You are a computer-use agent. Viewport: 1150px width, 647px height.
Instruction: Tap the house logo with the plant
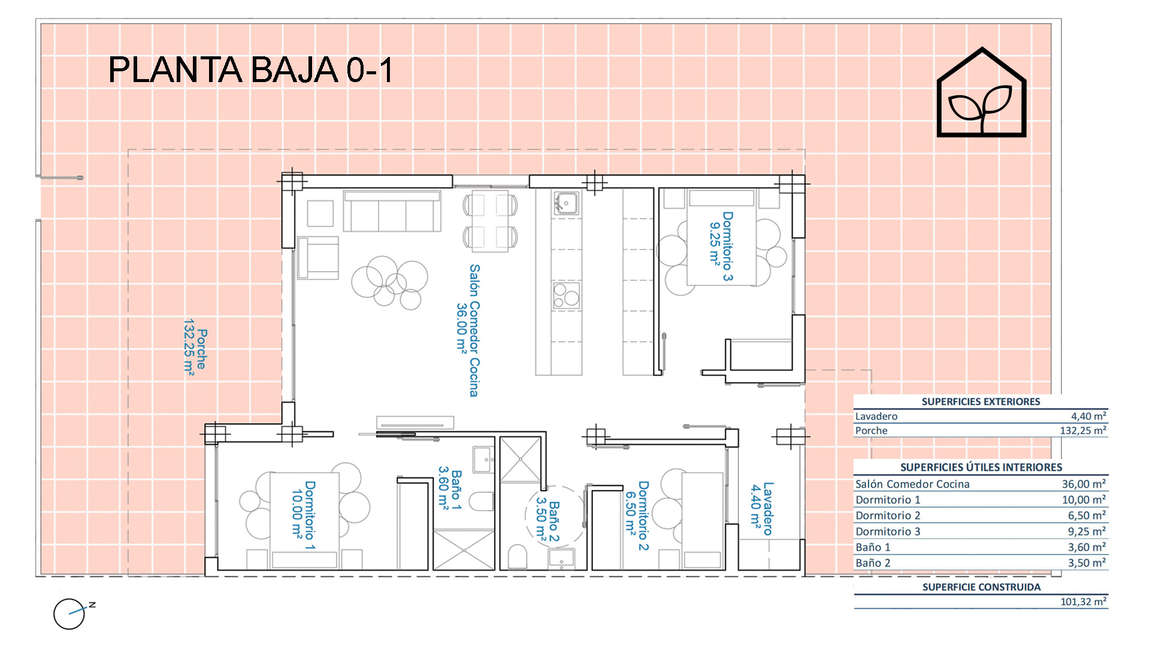click(981, 92)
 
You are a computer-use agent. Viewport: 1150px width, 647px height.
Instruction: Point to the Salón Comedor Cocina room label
click(467, 330)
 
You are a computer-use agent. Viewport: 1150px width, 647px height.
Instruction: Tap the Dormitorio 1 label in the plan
click(303, 515)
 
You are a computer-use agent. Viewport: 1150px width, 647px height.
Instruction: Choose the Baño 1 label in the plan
click(449, 489)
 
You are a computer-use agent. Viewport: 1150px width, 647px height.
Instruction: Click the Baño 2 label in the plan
click(547, 521)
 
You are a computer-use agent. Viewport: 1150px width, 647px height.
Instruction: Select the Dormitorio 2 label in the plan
click(637, 515)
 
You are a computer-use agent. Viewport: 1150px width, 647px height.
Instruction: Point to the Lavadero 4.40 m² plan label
click(761, 509)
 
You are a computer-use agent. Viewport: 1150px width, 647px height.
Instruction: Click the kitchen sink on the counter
click(566, 203)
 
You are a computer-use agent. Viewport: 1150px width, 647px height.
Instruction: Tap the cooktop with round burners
click(566, 295)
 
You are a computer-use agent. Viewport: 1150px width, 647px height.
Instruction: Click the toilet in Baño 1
click(481, 501)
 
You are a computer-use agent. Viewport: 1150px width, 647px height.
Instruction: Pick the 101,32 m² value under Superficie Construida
click(1083, 601)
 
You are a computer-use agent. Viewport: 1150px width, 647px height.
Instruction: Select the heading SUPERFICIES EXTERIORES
click(980, 401)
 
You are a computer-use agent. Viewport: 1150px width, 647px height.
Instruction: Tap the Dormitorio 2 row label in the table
click(888, 515)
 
